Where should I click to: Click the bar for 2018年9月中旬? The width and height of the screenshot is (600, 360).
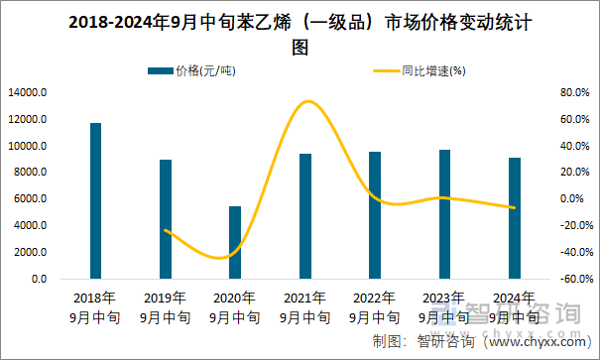pos(95,200)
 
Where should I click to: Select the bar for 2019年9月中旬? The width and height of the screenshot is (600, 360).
pos(166,219)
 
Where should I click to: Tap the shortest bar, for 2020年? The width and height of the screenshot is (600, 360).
pos(235,242)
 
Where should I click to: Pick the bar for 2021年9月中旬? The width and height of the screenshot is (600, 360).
pos(305,215)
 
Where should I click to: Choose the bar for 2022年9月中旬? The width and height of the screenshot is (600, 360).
pos(375,214)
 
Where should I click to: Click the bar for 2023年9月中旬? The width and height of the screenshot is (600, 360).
pos(444,213)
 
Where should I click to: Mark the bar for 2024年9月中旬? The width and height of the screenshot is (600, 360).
pos(515,217)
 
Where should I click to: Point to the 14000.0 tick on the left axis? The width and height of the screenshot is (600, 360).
pos(27,92)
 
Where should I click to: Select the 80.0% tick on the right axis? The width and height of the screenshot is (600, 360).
pos(547,92)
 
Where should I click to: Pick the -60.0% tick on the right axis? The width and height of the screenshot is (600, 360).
pos(547,280)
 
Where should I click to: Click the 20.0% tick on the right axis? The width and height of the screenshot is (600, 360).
pos(547,173)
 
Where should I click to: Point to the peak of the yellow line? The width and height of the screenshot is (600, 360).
pos(307,101)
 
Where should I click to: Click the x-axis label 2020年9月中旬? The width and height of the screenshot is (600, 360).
pos(235,307)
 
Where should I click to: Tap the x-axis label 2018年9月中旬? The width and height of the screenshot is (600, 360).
pos(95,307)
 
